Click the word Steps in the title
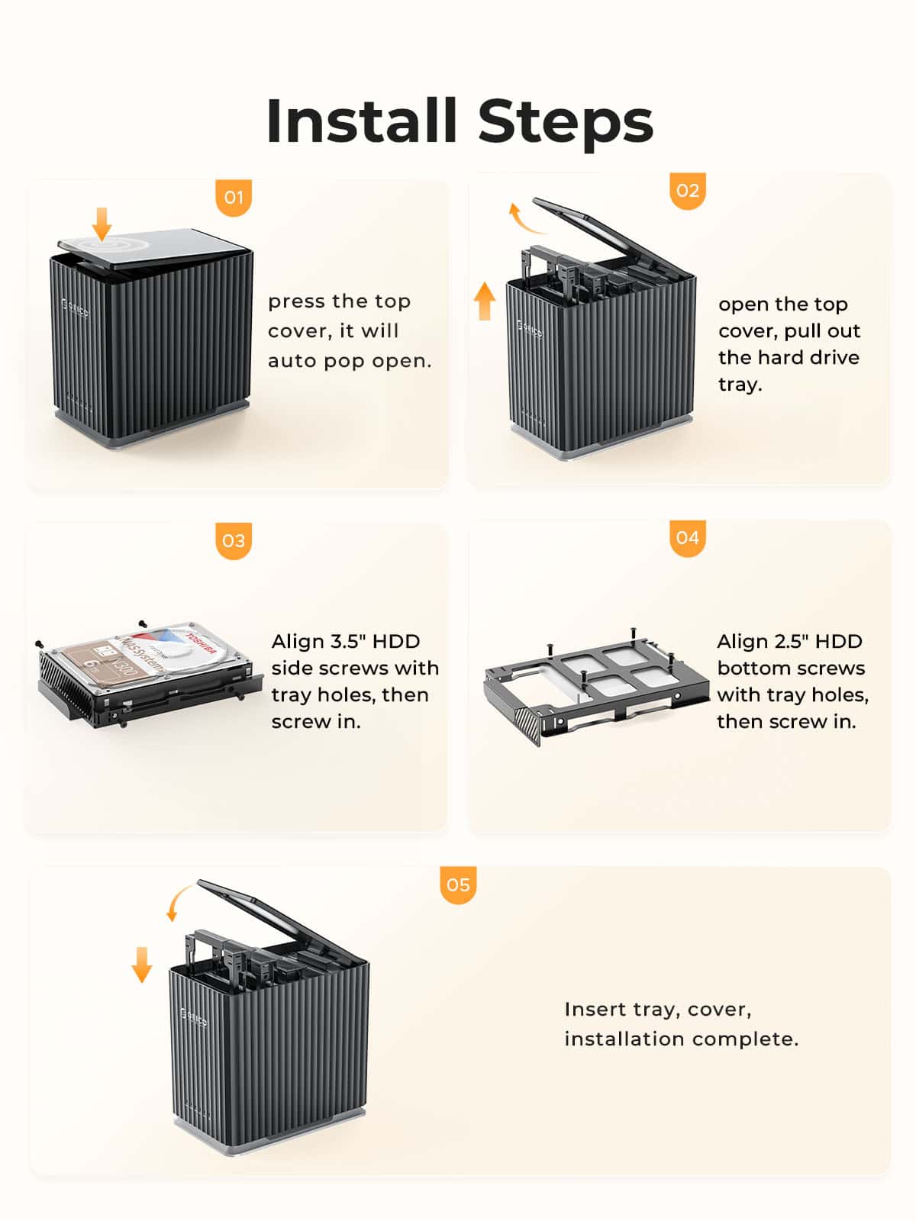566,122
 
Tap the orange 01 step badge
234,198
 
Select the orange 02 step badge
687,191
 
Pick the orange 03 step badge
234,541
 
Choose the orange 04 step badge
687,538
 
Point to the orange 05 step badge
458,885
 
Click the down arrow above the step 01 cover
102,223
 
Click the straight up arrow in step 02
484,300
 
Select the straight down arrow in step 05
142,964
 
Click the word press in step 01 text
296,302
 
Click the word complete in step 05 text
755,1039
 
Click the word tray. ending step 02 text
740,385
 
